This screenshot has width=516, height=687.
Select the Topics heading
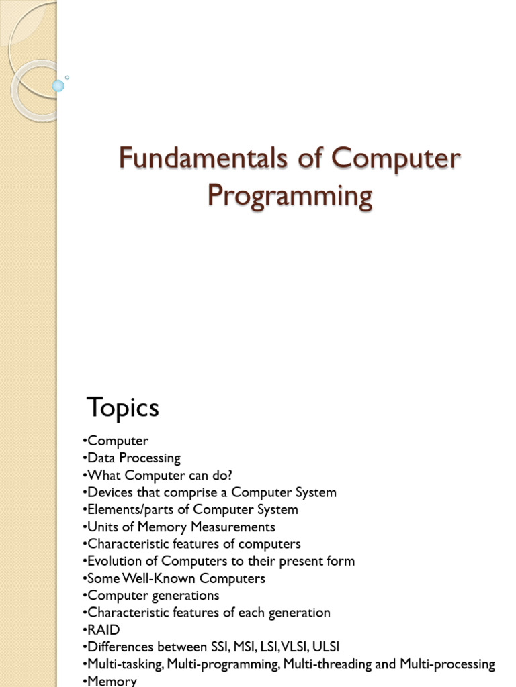[x=123, y=407]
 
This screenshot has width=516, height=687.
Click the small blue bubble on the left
[x=58, y=85]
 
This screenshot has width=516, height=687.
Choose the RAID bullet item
[x=103, y=629]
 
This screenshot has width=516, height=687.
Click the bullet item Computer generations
[x=153, y=595]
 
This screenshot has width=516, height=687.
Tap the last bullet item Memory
[x=112, y=681]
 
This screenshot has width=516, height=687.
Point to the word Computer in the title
[x=406, y=159]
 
